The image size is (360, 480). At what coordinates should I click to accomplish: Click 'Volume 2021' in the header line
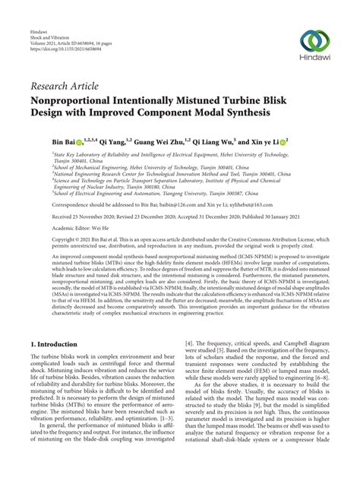pyautogui.click(x=44, y=49)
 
